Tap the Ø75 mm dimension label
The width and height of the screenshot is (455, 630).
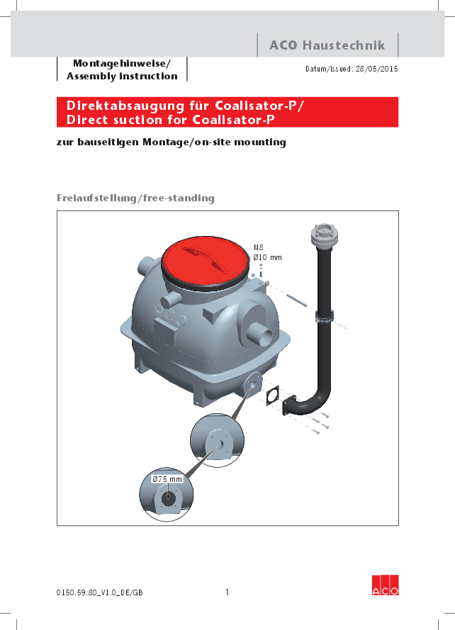tap(167, 480)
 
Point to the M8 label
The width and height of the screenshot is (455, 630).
tap(259, 247)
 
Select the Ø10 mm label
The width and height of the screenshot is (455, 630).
tap(267, 257)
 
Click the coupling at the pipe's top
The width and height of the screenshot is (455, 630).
tap(323, 237)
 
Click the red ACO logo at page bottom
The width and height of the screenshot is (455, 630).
tap(386, 583)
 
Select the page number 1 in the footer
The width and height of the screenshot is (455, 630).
tap(227, 592)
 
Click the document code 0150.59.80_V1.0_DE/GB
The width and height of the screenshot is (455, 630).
tap(103, 592)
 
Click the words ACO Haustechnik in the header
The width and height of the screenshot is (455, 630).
tap(327, 45)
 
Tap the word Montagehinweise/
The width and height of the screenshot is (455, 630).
tap(122, 62)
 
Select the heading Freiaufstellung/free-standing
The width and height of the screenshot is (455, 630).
tap(135, 198)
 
